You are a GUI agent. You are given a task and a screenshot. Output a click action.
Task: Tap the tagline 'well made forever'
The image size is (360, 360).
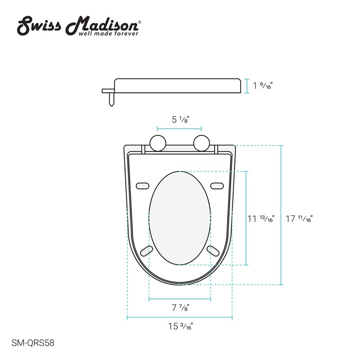pyautogui.click(x=108, y=33)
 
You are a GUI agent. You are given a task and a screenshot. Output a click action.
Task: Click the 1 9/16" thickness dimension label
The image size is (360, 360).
pyautogui.click(x=263, y=85)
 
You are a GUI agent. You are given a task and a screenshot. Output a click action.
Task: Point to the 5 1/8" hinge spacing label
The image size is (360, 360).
pyautogui.click(x=180, y=120)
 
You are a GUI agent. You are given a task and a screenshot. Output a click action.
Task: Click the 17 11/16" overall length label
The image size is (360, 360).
pyautogui.click(x=299, y=219)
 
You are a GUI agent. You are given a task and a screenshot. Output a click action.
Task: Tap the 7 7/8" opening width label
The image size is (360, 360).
pyautogui.click(x=180, y=308)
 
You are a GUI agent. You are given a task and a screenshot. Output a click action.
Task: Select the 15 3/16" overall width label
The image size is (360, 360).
pyautogui.click(x=180, y=327)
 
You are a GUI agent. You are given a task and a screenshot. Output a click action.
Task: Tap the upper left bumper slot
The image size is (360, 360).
pyautogui.click(x=143, y=185)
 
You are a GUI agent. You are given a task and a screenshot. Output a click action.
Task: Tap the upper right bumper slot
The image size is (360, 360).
pyautogui.click(x=217, y=185)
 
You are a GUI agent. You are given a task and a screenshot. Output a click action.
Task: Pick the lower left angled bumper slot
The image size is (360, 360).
pyautogui.click(x=146, y=251)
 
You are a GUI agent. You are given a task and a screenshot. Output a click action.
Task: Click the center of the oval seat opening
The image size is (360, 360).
pyautogui.click(x=180, y=218)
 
